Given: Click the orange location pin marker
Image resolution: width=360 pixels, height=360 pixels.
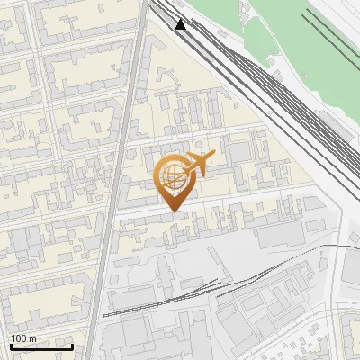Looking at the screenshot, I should [174, 180].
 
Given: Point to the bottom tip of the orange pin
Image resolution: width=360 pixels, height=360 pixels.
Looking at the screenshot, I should [174, 211].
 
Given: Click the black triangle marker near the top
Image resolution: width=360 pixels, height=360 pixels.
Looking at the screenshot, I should [182, 24].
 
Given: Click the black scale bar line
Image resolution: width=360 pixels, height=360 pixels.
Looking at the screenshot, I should [40, 346].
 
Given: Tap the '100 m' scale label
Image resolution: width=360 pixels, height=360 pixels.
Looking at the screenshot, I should [23, 338].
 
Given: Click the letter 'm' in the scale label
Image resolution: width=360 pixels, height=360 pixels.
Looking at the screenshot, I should [32, 338].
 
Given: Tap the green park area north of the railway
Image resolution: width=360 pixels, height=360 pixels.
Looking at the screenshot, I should [270, 36].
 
